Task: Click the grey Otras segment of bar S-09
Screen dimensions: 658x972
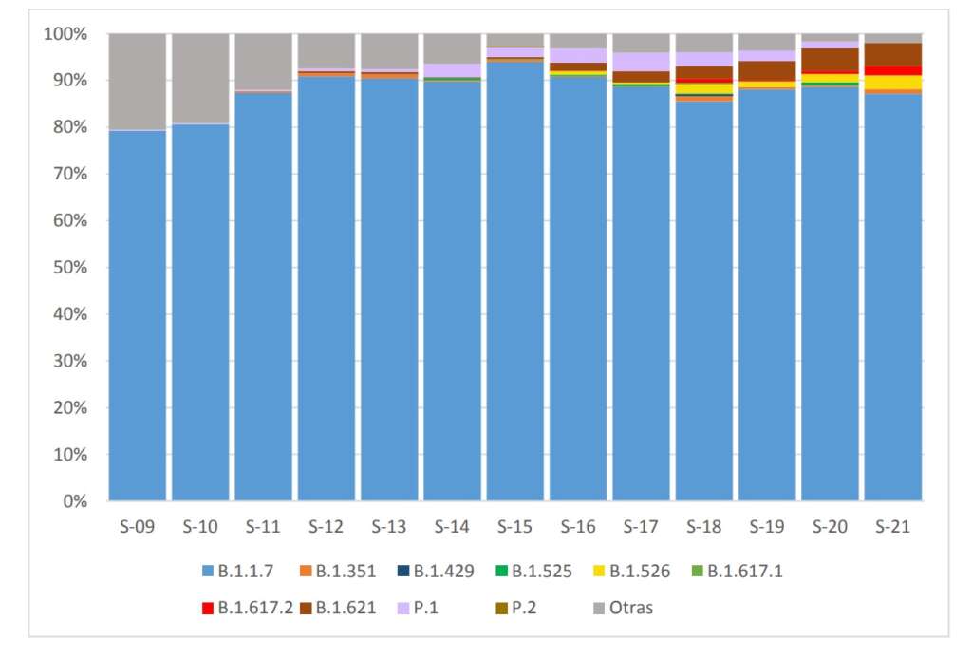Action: pyautogui.click(x=138, y=82)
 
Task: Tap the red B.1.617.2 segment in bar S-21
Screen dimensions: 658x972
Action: pyautogui.click(x=892, y=70)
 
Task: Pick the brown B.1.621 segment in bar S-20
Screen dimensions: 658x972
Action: pyautogui.click(x=830, y=60)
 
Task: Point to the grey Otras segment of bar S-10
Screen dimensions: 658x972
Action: pyautogui.click(x=200, y=79)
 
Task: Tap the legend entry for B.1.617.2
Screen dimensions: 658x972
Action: pyautogui.click(x=251, y=608)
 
